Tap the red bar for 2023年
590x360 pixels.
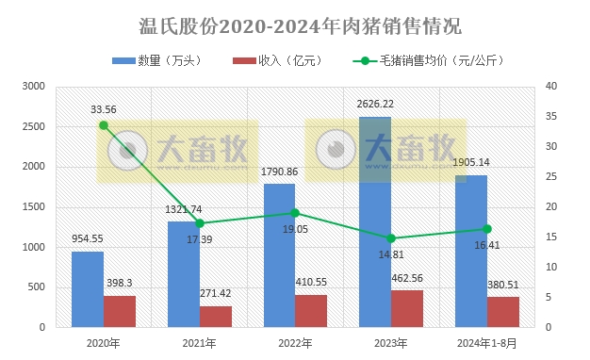tap(407, 309)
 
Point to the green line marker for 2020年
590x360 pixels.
tap(104, 125)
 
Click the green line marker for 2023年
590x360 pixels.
tap(391, 238)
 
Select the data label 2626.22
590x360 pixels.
tap(375, 104)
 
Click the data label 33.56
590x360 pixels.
tap(104, 109)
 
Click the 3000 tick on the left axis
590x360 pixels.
tap(34, 87)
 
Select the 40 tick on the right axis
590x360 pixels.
tap(551, 87)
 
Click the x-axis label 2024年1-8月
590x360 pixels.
tap(486, 345)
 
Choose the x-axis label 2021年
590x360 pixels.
tap(199, 345)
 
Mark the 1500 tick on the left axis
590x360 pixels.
tap(34, 207)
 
